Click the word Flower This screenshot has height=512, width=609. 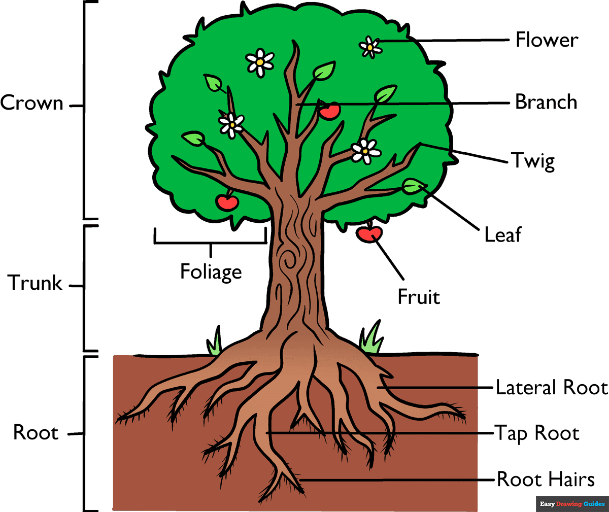(x=547, y=40)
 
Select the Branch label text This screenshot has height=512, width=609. (x=546, y=103)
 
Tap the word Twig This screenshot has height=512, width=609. (x=533, y=161)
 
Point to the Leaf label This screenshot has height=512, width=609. (x=502, y=235)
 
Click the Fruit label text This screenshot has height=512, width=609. (x=419, y=297)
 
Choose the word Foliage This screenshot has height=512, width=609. (x=211, y=272)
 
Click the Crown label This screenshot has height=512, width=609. (x=31, y=103)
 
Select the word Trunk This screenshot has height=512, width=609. (x=35, y=283)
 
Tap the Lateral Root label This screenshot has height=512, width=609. (x=551, y=388)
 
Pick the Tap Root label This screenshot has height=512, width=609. (x=537, y=434)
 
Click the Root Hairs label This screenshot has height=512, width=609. (x=546, y=480)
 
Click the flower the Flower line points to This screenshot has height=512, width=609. (x=370, y=47)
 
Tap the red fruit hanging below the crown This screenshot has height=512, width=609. (x=369, y=234)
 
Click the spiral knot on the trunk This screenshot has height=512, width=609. (x=290, y=258)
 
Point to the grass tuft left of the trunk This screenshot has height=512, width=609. (x=215, y=342)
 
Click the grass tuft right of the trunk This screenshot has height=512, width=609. (x=371, y=339)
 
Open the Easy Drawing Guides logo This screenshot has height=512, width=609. (x=572, y=504)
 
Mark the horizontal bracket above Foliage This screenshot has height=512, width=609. (x=210, y=242)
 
